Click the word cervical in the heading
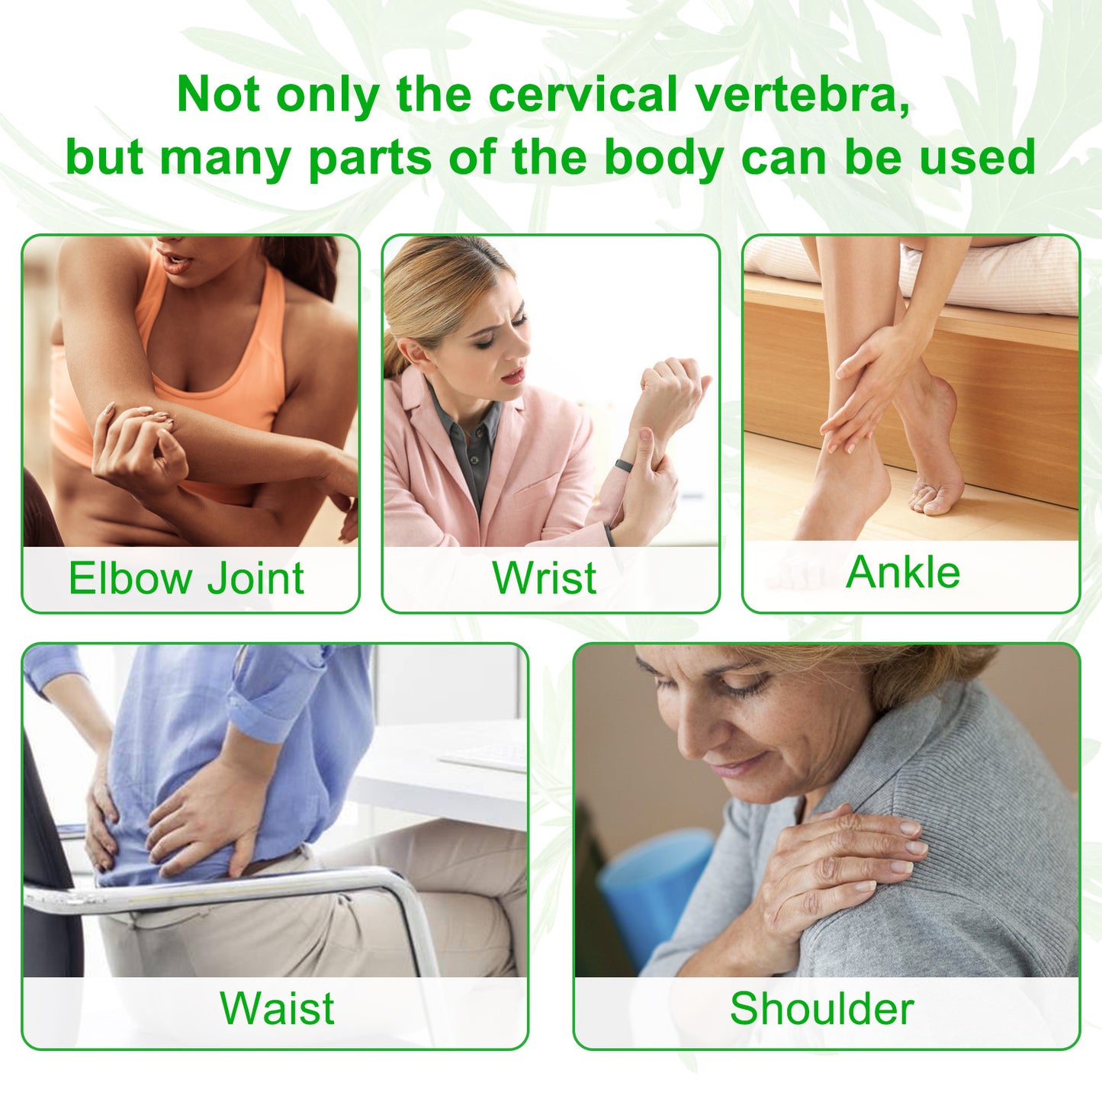coord(583,95)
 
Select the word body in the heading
coord(663,157)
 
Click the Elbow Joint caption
coord(186,578)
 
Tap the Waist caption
coord(277,1008)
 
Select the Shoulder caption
coord(821,1008)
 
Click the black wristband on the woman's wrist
coord(623,465)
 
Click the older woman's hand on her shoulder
coord(839,862)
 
